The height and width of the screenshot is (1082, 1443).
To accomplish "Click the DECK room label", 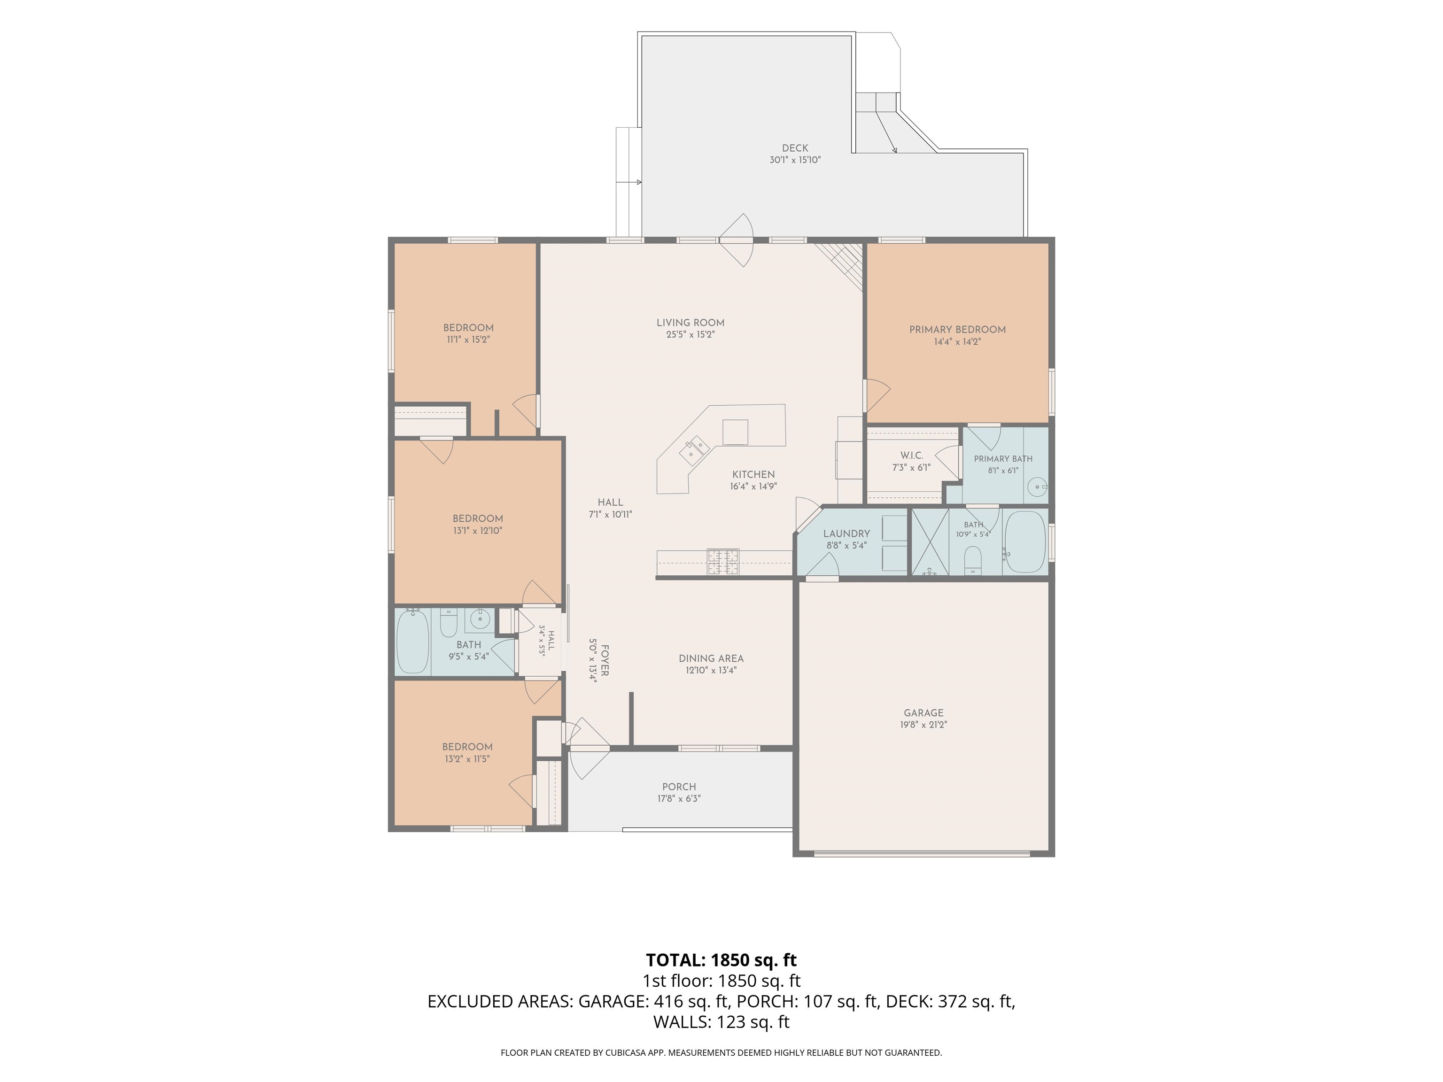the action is click(795, 148).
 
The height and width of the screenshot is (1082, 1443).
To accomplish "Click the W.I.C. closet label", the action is click(911, 455).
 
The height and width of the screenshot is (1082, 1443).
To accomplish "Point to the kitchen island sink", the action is click(695, 449).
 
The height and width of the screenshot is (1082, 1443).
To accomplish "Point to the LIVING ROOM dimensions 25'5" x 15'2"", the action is click(690, 334).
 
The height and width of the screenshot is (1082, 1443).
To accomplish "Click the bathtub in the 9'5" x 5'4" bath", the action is click(412, 642).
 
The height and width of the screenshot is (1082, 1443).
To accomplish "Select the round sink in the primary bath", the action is click(1035, 487).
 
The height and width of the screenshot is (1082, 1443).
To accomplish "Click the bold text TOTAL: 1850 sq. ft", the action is click(721, 960).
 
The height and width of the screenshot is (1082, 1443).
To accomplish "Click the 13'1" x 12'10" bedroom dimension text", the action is click(478, 531).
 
